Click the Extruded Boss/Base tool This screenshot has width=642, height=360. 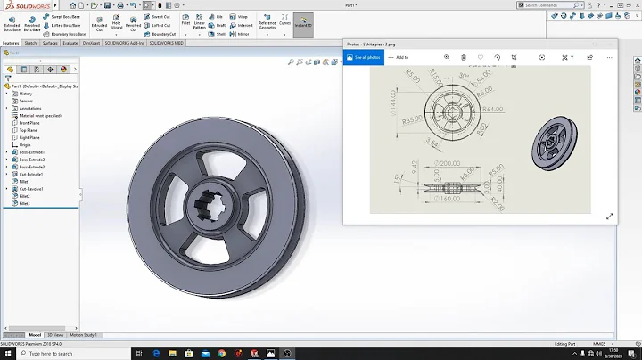click(12, 21)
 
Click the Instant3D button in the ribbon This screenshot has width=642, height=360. click(302, 21)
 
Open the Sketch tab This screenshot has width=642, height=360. click(30, 43)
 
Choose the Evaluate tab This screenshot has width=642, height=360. click(70, 43)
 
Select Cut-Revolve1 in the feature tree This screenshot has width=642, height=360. click(31, 189)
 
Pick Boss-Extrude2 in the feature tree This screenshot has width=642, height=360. click(31, 160)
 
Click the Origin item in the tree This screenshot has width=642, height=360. click(24, 145)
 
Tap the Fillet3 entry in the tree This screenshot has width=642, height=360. click(25, 203)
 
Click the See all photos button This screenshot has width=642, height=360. click(364, 57)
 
